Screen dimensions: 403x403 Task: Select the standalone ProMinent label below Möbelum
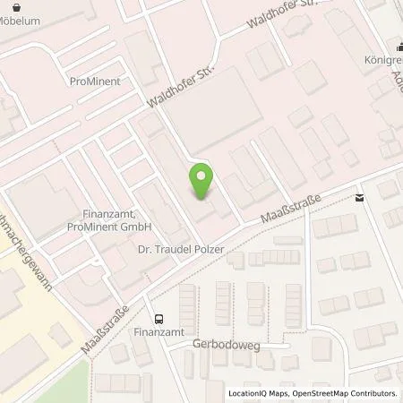94,81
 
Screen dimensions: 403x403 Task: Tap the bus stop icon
159,319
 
